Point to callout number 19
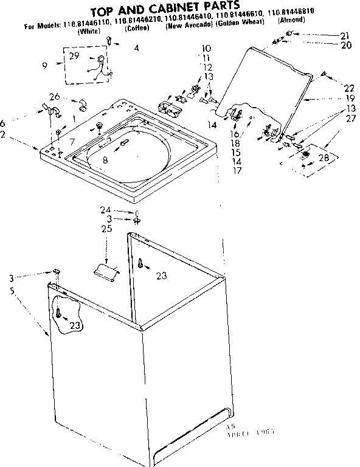point(348,98)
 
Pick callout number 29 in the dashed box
point(74,56)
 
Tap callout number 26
point(54,97)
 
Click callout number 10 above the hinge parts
point(206,47)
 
